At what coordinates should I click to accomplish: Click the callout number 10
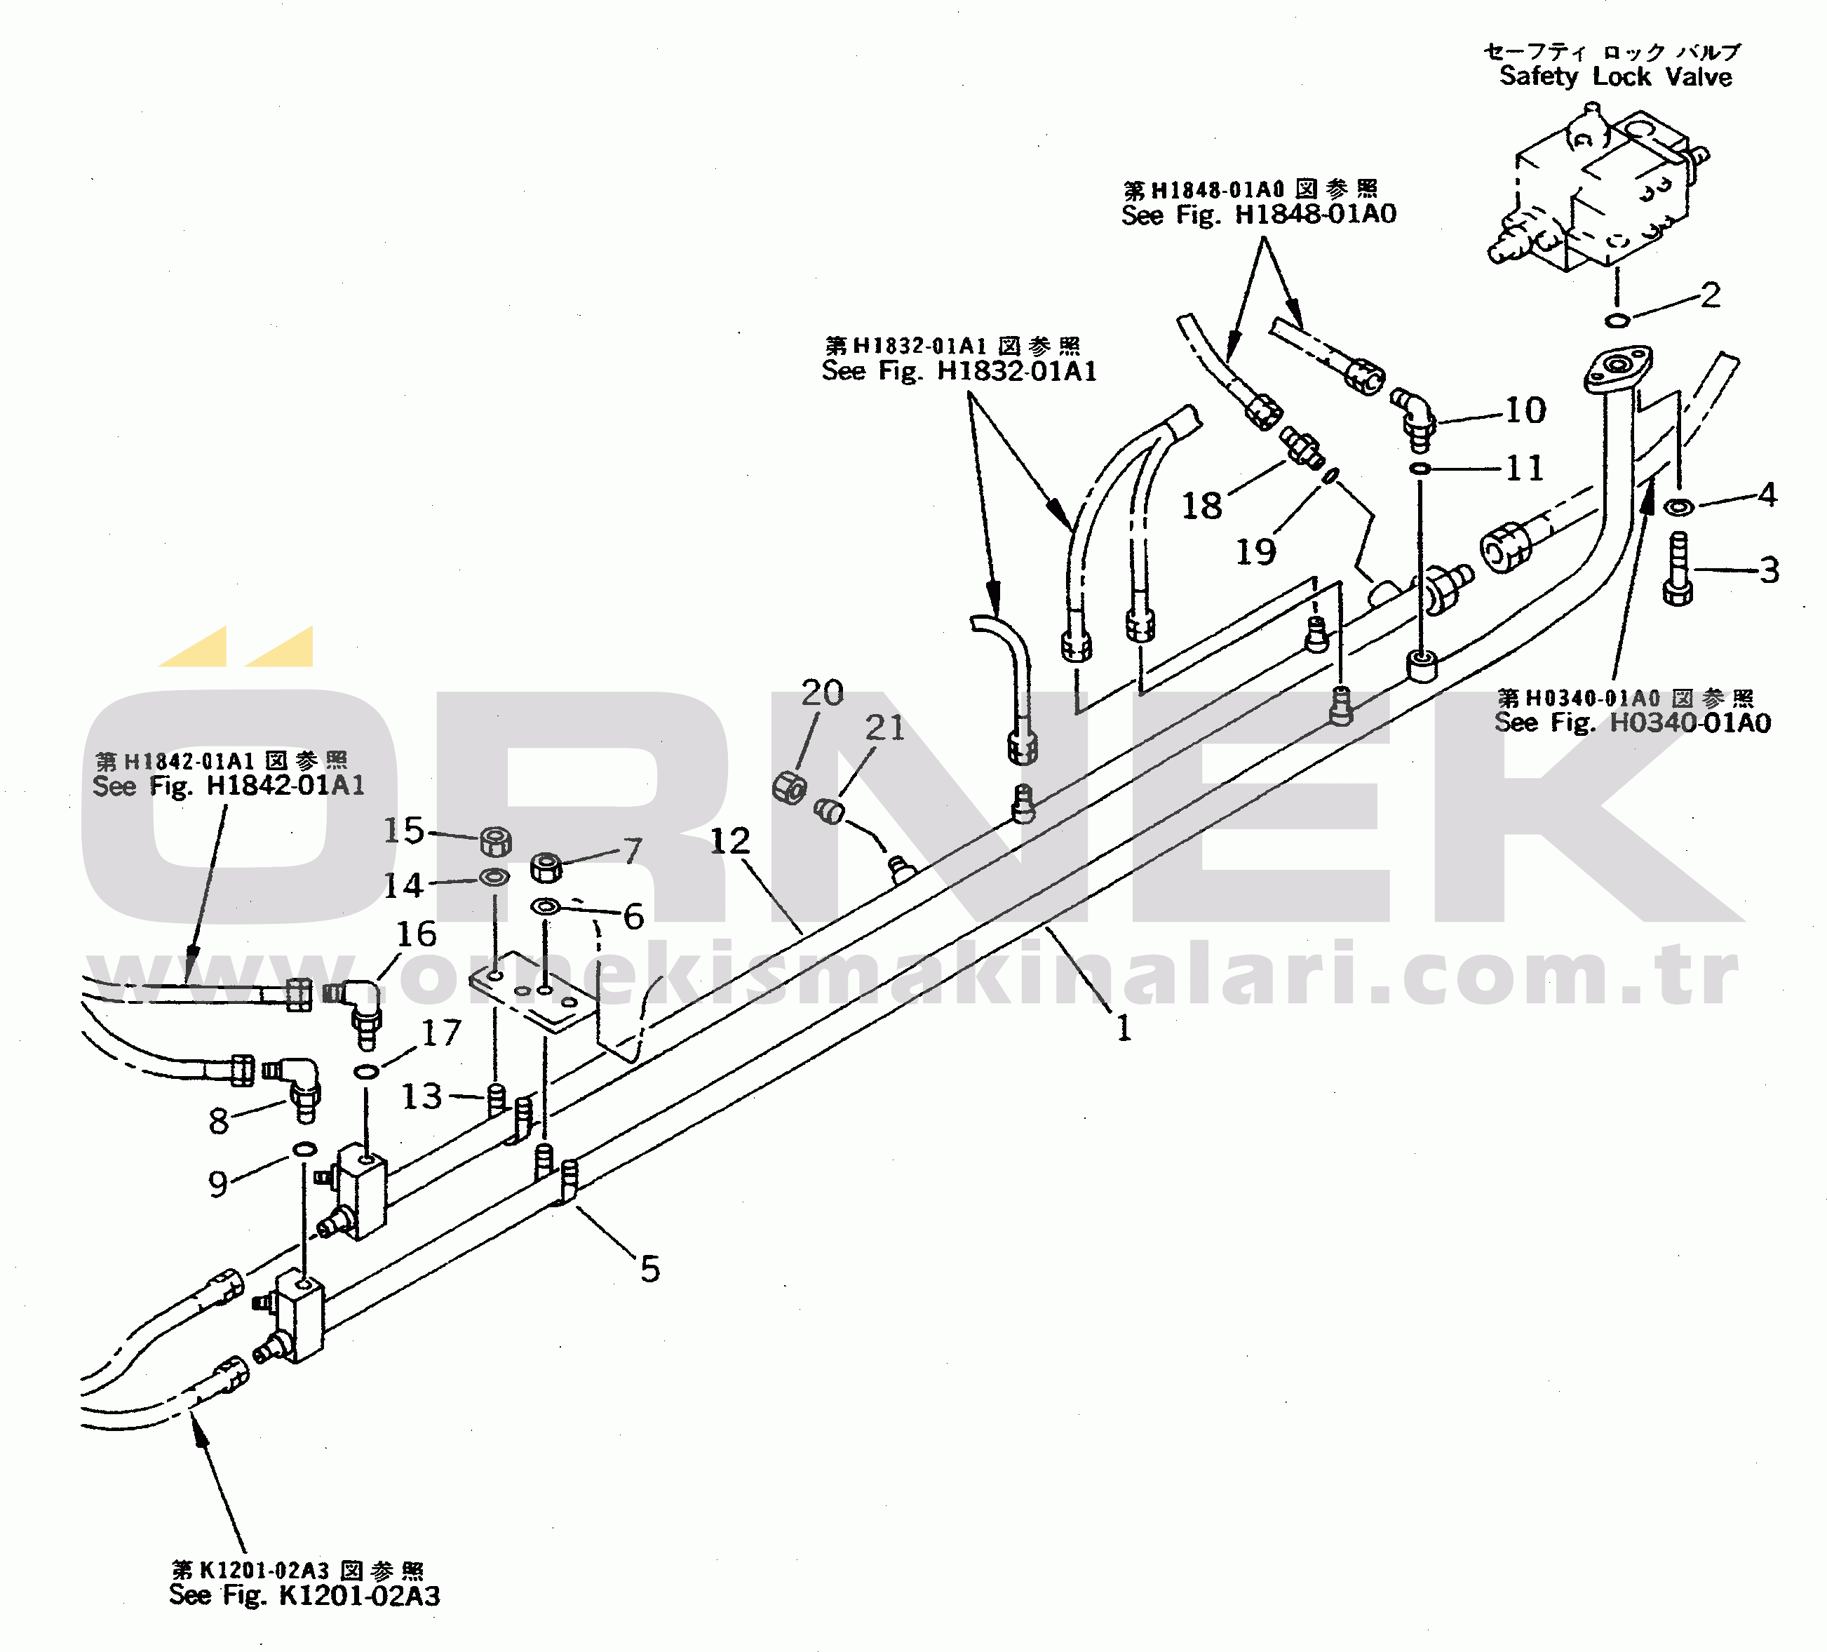pos(1525,410)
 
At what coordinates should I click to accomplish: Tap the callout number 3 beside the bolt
pos(1769,570)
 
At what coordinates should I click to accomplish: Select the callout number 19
pos(1256,551)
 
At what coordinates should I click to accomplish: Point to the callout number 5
pos(649,1269)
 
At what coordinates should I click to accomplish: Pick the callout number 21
pos(884,727)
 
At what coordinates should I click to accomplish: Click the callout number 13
pos(422,1096)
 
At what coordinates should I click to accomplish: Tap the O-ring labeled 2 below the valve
pos(1617,319)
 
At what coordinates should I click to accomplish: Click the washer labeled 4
pos(1678,506)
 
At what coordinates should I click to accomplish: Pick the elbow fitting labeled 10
pos(1414,419)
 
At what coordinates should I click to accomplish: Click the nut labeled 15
pos(495,842)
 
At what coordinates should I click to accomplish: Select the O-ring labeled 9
pos(304,1150)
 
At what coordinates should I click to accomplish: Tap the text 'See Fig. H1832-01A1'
pos(959,370)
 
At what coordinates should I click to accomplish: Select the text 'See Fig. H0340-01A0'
pos(1632,723)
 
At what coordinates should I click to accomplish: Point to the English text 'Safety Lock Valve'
pos(1615,76)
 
